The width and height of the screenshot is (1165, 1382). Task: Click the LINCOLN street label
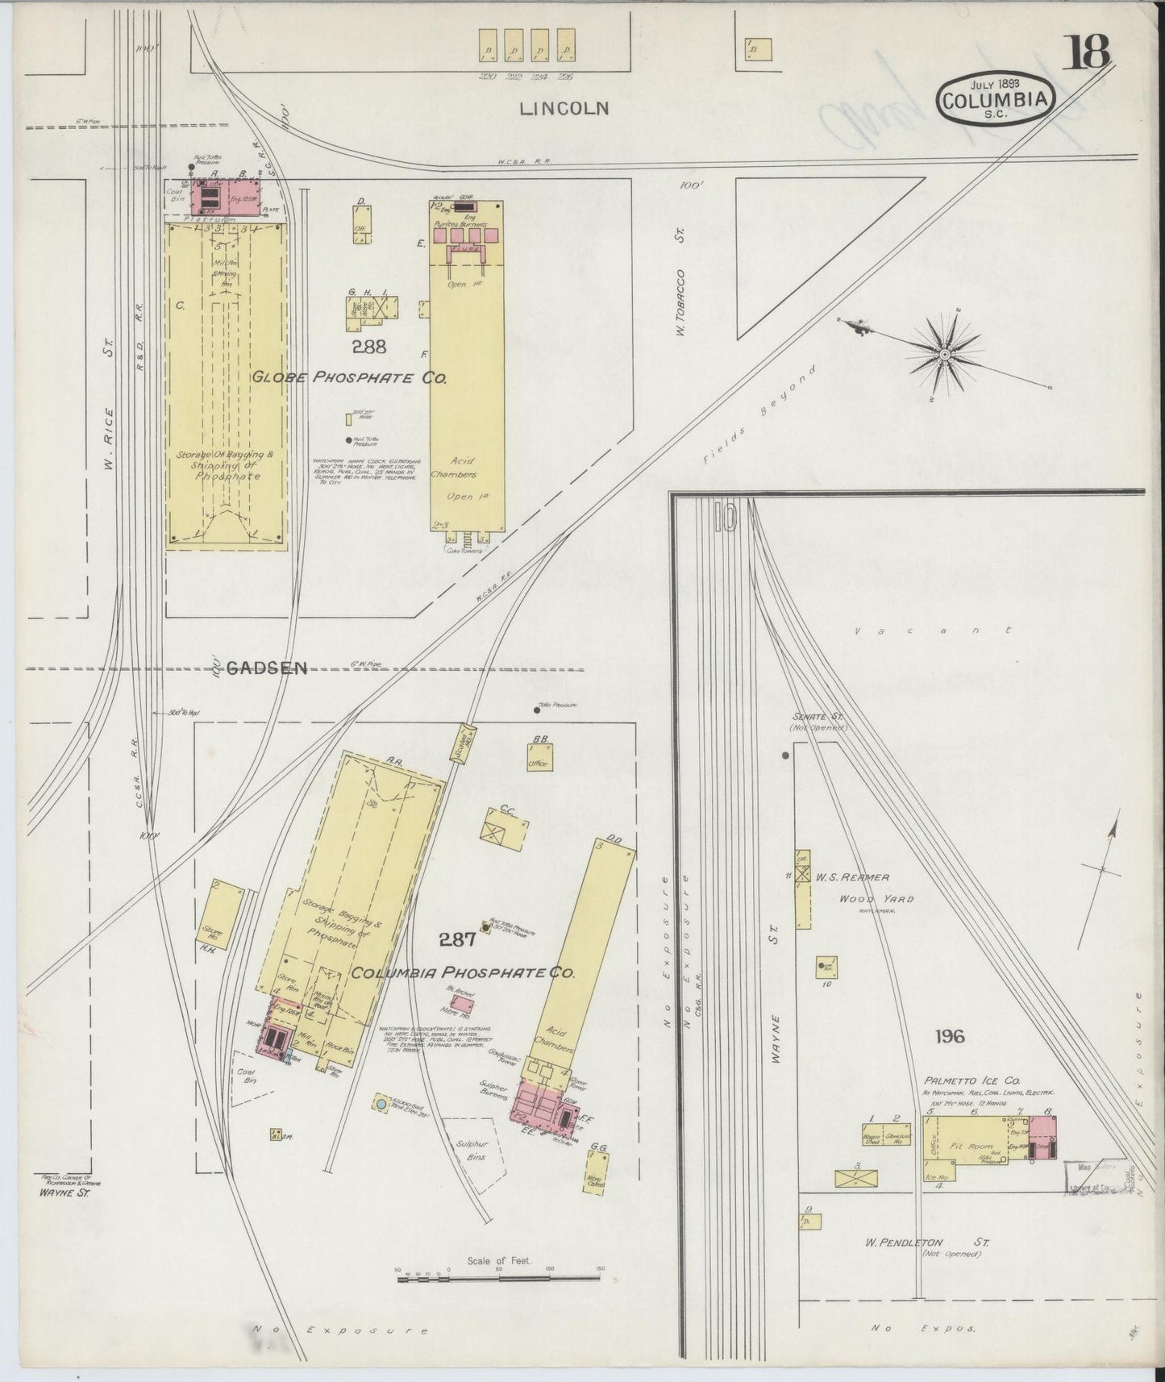click(564, 108)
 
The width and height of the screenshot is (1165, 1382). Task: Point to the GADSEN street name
click(267, 668)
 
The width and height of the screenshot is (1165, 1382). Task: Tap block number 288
click(368, 347)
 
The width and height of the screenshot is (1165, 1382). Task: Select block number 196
click(950, 1036)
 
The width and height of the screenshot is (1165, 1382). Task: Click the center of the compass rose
click(944, 353)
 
